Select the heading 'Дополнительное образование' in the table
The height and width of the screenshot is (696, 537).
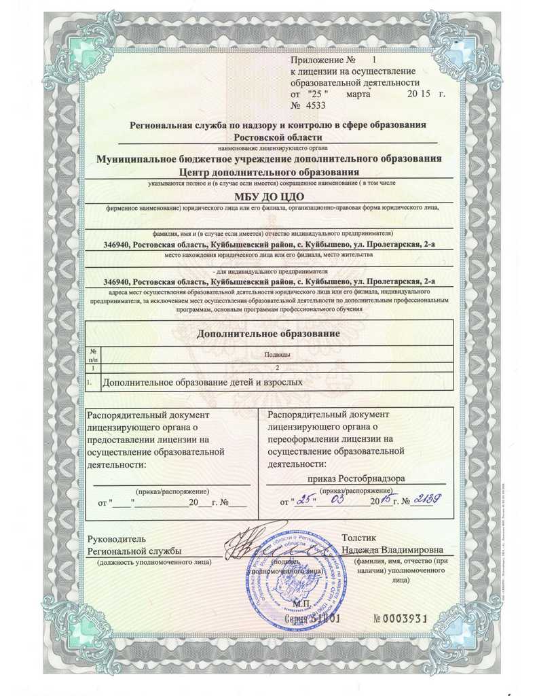(x=267, y=334)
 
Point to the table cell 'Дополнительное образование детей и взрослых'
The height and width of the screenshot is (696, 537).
(x=202, y=383)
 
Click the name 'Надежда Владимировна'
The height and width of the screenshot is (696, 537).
(x=392, y=549)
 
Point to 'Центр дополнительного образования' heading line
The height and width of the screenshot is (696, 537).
(x=268, y=172)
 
